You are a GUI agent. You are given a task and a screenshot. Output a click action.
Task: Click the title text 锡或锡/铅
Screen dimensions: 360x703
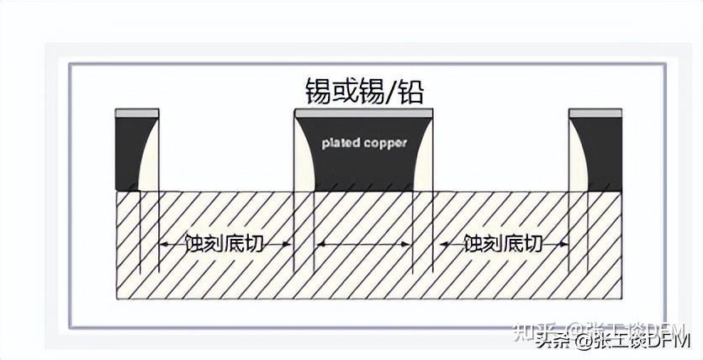[364, 89]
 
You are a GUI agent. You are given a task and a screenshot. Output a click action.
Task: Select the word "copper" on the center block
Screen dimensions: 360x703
[386, 142]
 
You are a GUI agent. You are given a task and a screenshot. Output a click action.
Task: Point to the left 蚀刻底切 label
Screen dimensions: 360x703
[226, 244]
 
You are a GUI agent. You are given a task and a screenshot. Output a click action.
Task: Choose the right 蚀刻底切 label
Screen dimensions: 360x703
[503, 244]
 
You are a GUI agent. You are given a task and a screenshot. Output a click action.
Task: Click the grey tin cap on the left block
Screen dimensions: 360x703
[137, 113]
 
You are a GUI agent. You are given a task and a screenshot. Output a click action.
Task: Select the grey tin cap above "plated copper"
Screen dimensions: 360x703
[363, 113]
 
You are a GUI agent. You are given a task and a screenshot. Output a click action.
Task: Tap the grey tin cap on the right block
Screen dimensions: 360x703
[595, 113]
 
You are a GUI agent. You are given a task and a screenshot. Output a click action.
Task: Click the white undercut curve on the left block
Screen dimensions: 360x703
[150, 164]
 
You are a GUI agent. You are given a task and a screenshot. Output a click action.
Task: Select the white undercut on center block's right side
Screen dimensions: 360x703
[423, 164]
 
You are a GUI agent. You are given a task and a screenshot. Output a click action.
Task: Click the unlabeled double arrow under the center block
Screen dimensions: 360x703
[363, 244]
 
